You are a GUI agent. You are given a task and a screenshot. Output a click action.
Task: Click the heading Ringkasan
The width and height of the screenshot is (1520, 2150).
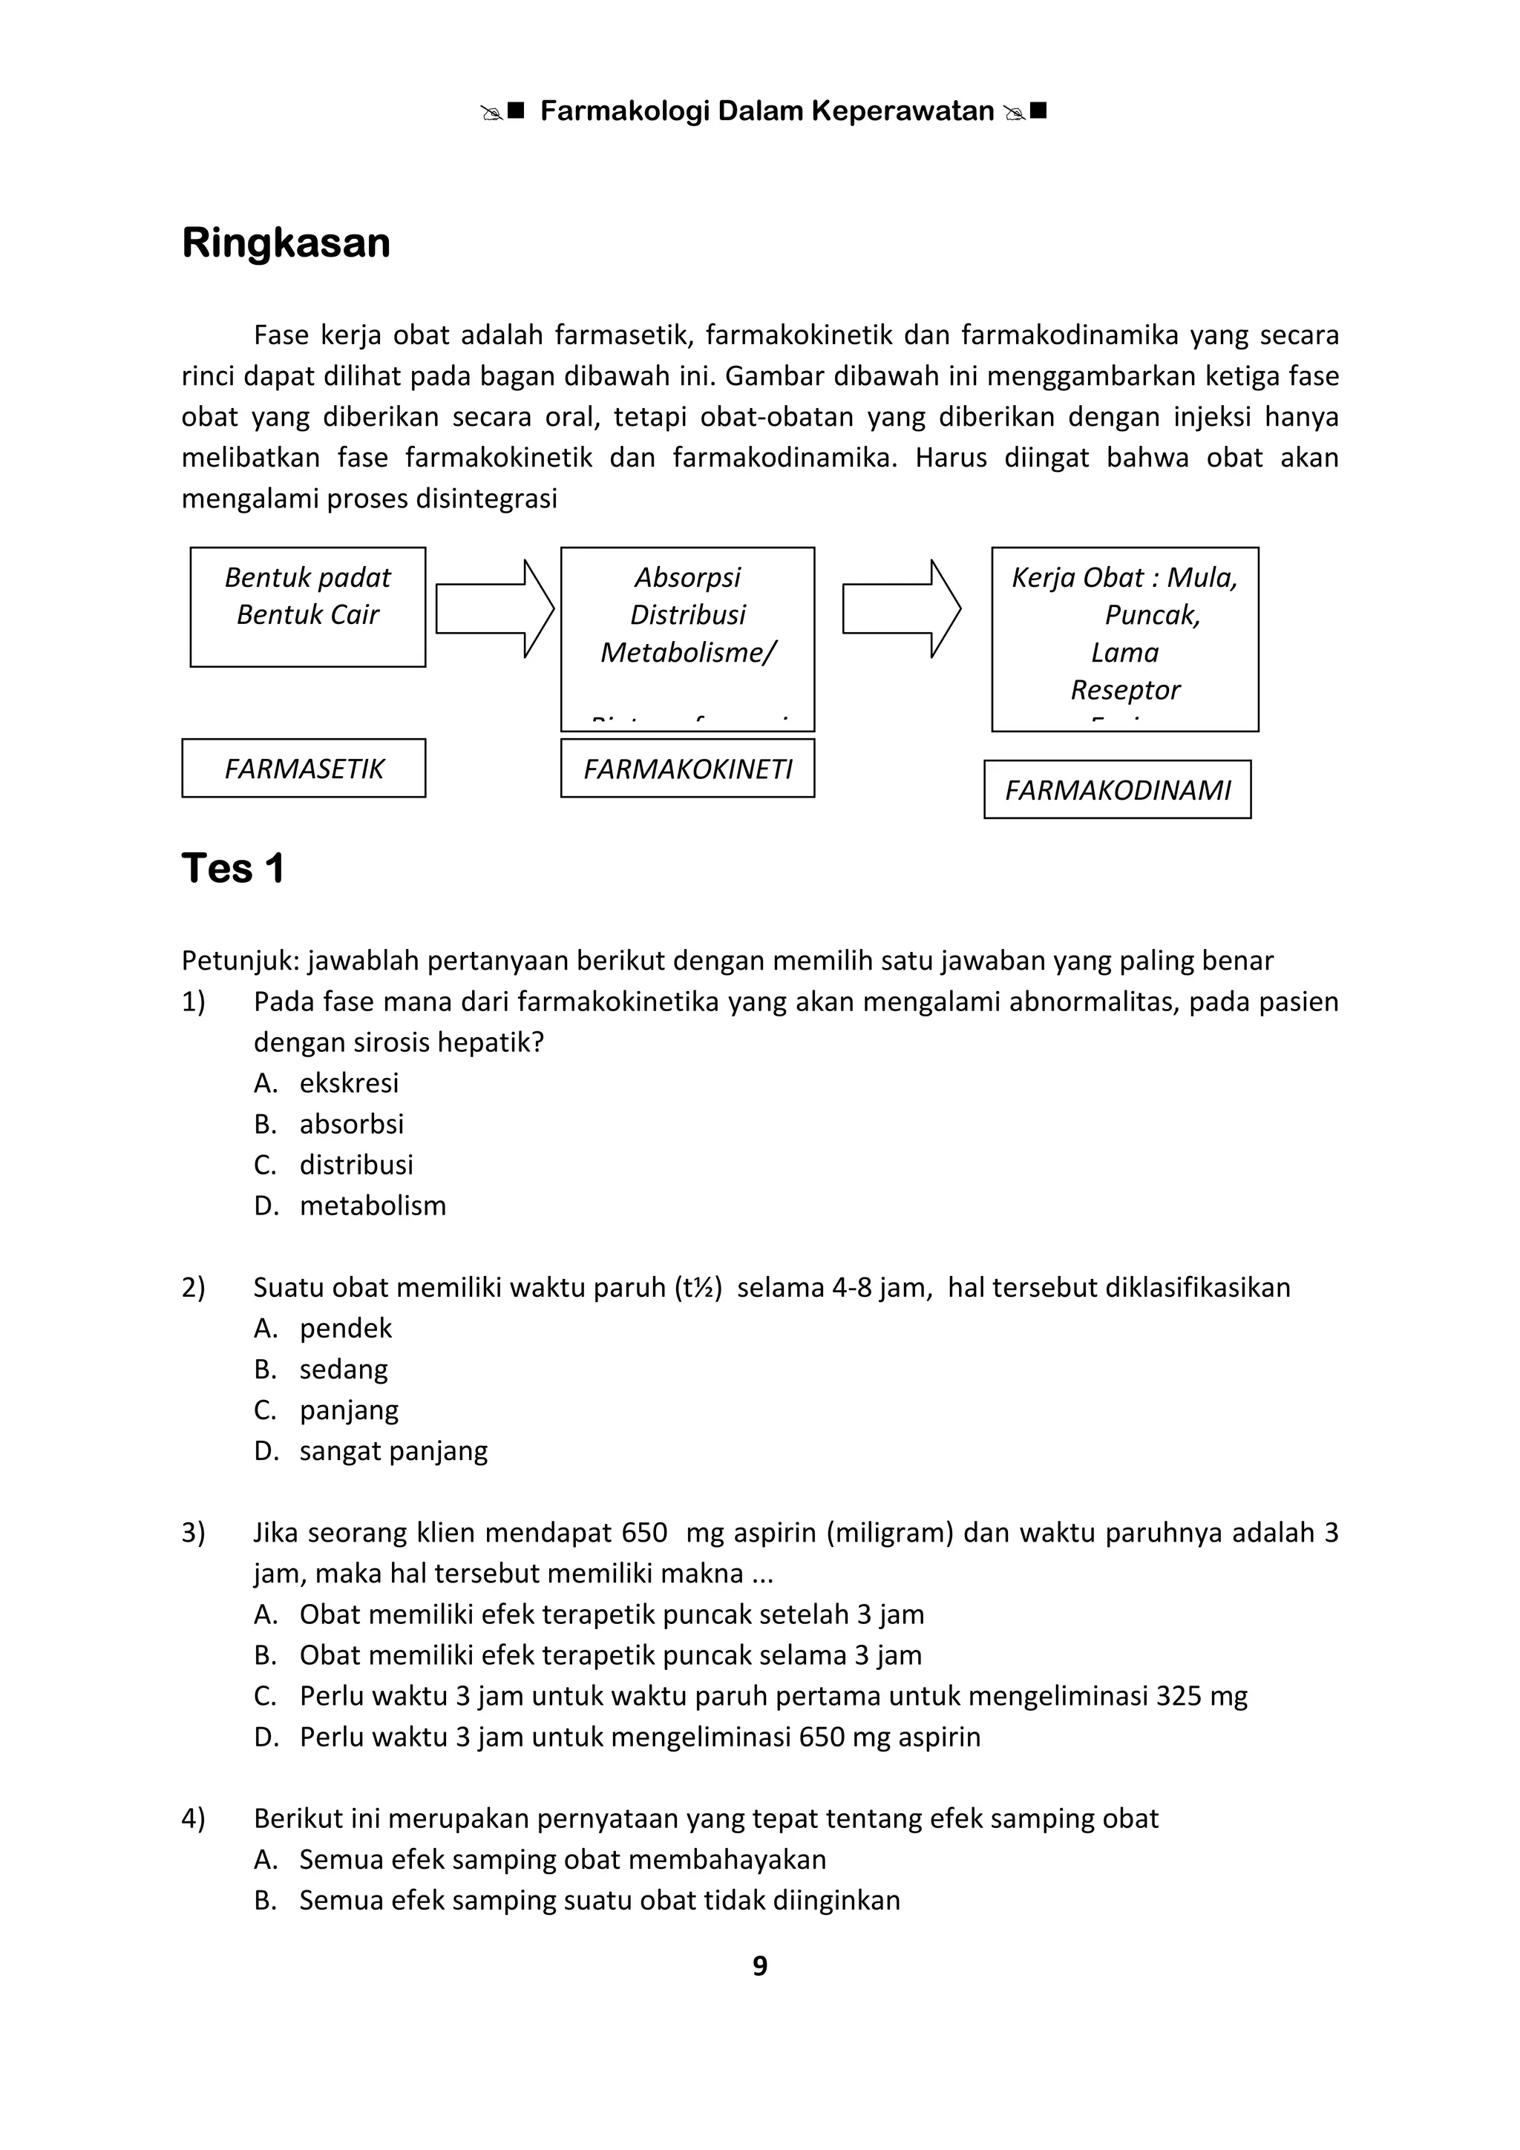click(286, 243)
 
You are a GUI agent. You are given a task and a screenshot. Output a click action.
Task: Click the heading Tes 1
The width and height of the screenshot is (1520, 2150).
click(232, 868)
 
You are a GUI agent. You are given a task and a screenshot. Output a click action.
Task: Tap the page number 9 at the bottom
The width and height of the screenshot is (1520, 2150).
click(759, 1965)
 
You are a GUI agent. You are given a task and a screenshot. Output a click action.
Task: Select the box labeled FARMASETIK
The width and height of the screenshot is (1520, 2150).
click(304, 769)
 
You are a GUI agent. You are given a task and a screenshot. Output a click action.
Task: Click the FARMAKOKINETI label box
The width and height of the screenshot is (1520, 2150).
click(687, 769)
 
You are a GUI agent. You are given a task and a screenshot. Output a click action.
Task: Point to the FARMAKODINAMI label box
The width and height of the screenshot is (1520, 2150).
click(1117, 790)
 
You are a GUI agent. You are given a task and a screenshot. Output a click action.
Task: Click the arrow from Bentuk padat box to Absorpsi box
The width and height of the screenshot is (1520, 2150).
click(494, 608)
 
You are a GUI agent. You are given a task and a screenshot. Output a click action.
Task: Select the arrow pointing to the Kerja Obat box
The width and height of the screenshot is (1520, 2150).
click(901, 608)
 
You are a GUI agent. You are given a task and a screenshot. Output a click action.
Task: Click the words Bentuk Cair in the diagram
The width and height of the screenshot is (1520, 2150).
click(307, 615)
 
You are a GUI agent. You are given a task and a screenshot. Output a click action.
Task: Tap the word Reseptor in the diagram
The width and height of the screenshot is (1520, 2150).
click(1124, 690)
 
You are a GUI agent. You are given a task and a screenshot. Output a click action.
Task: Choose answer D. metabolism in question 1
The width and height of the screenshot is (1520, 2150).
click(372, 1206)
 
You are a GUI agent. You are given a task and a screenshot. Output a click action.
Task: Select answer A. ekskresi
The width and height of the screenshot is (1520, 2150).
click(348, 1083)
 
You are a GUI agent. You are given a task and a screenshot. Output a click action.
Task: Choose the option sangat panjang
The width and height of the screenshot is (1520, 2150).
click(393, 1450)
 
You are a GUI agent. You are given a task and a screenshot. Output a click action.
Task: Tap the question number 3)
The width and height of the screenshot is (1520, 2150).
click(193, 1533)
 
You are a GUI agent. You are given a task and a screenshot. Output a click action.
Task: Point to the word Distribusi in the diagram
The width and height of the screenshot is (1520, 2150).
click(687, 615)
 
